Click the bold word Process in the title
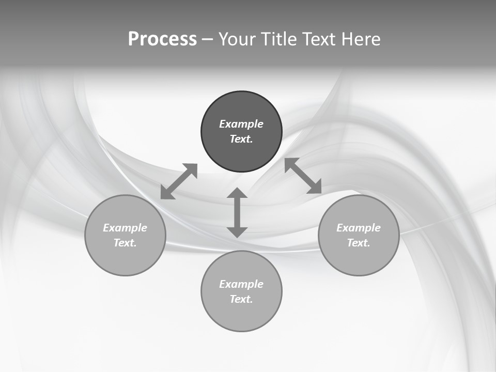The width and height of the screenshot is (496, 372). (162, 39)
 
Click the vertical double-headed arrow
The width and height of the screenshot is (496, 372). (237, 212)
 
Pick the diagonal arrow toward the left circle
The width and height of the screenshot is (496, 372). (179, 181)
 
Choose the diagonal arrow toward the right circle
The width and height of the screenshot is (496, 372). (303, 176)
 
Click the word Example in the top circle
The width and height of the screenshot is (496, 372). (241, 124)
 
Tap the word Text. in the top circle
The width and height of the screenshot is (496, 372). (241, 139)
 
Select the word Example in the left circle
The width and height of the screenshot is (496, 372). (125, 228)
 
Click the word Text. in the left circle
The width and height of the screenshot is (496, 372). (125, 243)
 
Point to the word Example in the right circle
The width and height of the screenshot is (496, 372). (359, 228)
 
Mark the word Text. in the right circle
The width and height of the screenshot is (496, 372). (359, 243)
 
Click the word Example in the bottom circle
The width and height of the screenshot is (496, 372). (241, 284)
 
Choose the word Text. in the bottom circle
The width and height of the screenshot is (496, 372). (241, 299)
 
